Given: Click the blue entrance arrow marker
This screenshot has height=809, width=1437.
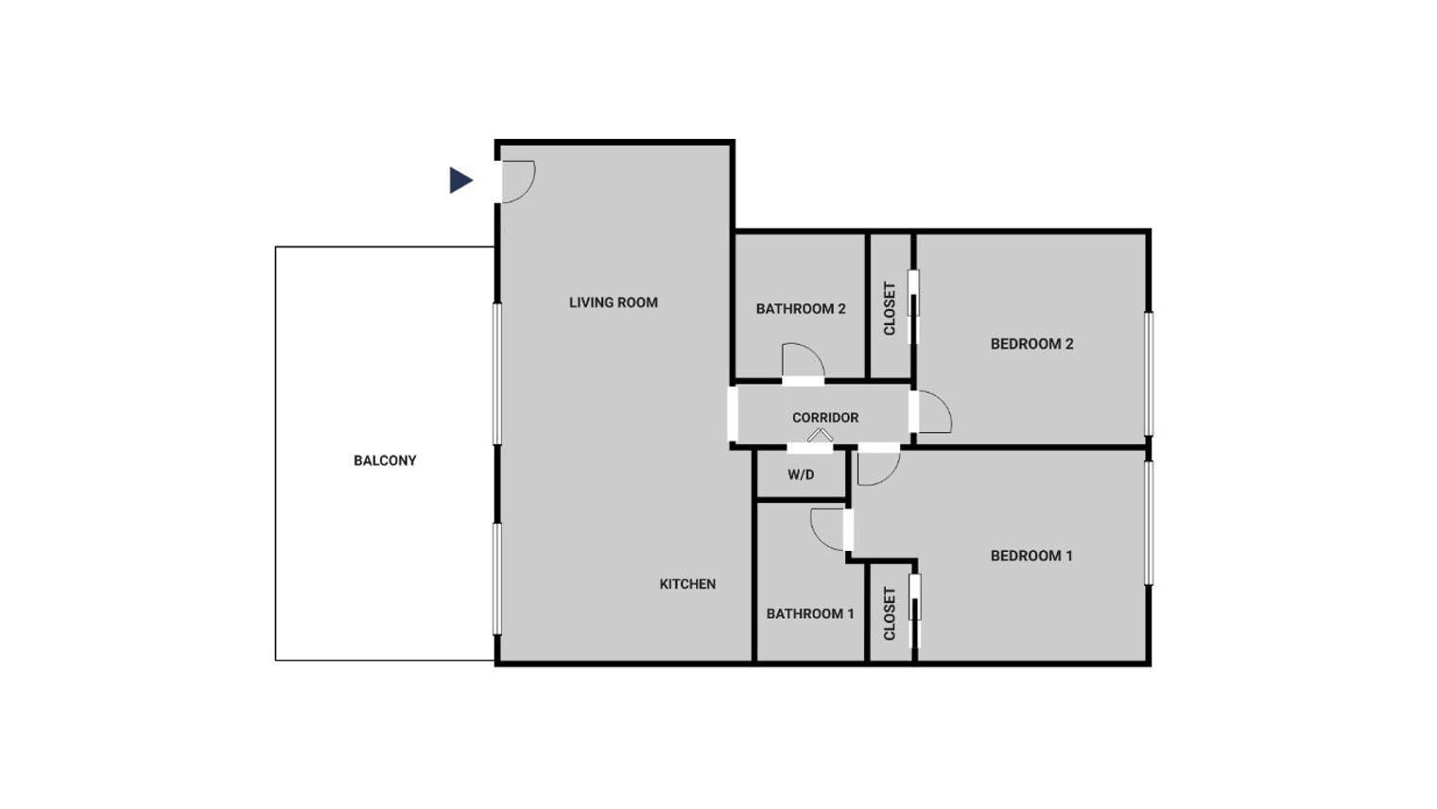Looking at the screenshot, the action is tap(460, 181).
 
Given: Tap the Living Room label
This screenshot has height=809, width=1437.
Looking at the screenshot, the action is tap(614, 302).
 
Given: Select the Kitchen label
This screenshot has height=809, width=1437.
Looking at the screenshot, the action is tap(687, 584).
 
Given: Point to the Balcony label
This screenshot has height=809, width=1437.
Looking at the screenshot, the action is tap(385, 460).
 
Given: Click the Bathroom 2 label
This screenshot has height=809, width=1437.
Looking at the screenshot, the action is tap(801, 309).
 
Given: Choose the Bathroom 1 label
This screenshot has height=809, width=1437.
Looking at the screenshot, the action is tap(810, 613).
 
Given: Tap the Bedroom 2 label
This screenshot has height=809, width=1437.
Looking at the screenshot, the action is tap(1031, 344).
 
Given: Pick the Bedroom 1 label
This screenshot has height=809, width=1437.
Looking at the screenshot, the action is tap(1031, 556).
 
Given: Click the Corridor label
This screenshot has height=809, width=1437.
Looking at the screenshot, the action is tap(825, 418).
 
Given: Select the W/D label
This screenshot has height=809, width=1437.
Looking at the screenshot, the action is tap(802, 474).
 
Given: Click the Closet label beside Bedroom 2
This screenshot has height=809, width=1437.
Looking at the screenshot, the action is tap(889, 309).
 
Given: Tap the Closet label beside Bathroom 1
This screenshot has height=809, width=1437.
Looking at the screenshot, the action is tap(889, 613).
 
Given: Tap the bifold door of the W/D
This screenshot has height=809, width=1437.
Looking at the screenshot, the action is tap(820, 435).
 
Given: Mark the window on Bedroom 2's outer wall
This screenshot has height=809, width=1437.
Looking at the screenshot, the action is tap(1149, 373).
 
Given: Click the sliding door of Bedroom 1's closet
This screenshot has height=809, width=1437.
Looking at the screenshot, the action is tap(915, 611).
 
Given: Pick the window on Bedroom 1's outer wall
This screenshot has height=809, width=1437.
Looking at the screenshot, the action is tap(1149, 523).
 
